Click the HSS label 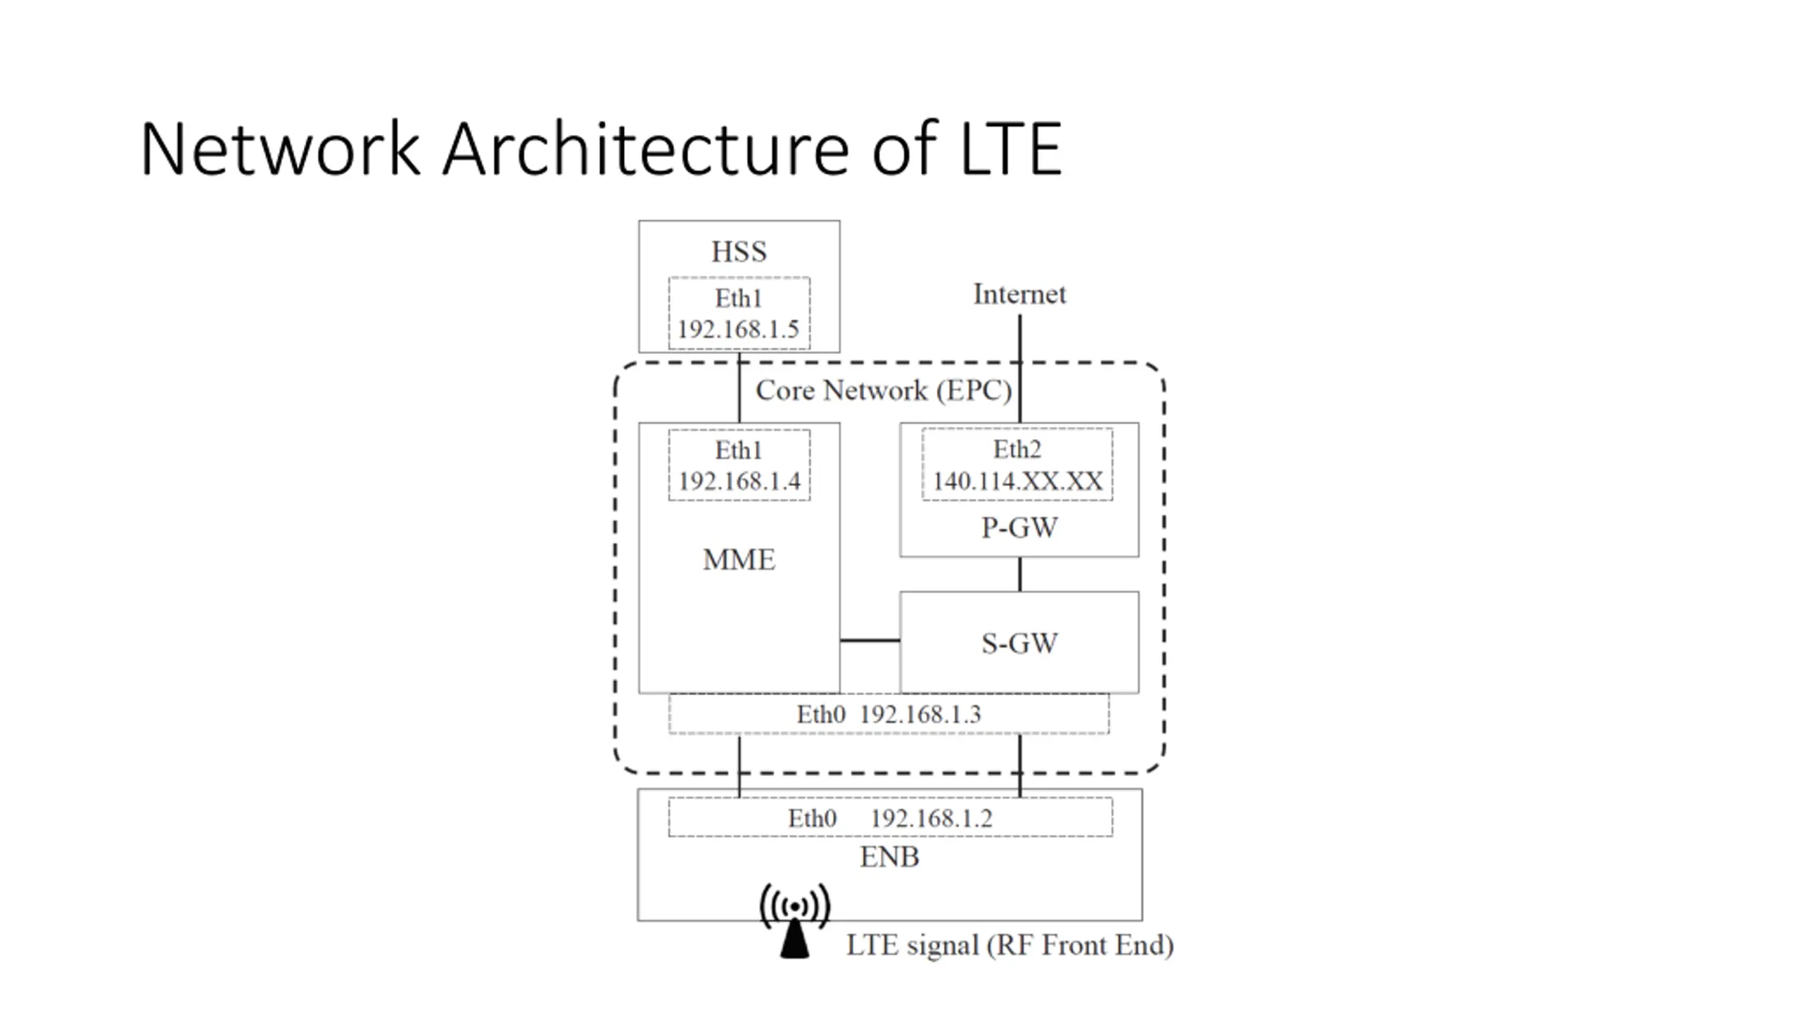pyautogui.click(x=739, y=251)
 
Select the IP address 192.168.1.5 pyautogui.click(x=739, y=329)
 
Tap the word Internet pyautogui.click(x=1019, y=294)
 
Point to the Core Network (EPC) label pyautogui.click(x=884, y=390)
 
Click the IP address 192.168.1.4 pyautogui.click(x=739, y=481)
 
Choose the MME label pyautogui.click(x=739, y=560)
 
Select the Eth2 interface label pyautogui.click(x=1017, y=449)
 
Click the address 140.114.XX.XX pyautogui.click(x=1018, y=481)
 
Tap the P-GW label pyautogui.click(x=1019, y=528)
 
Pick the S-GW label pyautogui.click(x=1019, y=643)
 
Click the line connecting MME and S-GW pyautogui.click(x=870, y=640)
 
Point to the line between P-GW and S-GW pyautogui.click(x=1020, y=574)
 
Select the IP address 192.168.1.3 pyautogui.click(x=920, y=715)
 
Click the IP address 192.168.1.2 pyautogui.click(x=931, y=819)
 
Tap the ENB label pyautogui.click(x=889, y=857)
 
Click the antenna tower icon pyautogui.click(x=795, y=920)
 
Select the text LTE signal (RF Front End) pyautogui.click(x=1010, y=945)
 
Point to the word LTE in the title pyautogui.click(x=1011, y=149)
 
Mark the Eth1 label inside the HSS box pyautogui.click(x=739, y=298)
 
